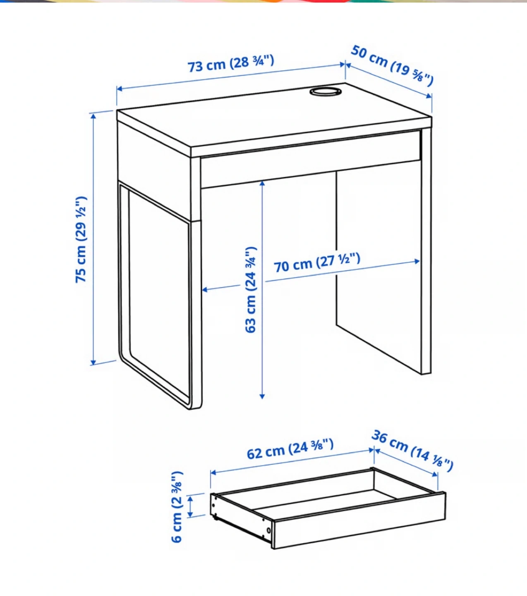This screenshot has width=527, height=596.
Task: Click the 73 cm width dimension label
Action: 231,63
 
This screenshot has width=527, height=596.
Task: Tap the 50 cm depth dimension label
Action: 392,65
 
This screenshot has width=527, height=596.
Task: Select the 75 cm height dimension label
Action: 81,240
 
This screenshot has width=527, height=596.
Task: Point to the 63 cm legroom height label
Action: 251,290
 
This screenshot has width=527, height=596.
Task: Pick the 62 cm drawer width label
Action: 290,449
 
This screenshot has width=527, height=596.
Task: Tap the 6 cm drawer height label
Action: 177,507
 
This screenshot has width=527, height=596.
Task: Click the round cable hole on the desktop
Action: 326,91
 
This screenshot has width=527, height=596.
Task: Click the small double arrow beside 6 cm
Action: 190,506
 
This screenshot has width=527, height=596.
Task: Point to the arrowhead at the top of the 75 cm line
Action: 93,116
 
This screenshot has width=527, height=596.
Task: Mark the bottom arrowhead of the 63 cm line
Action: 262,396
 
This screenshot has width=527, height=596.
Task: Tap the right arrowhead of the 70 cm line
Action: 417,261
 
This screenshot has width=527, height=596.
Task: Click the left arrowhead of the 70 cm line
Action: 205,290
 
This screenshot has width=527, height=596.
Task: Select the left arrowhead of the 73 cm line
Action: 120,89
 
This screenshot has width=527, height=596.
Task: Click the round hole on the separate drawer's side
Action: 268,530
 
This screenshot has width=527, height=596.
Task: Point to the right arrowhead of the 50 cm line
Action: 429,96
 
